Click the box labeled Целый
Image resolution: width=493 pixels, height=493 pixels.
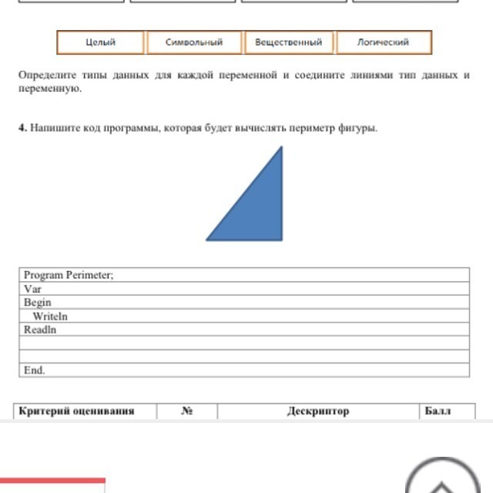[101, 42]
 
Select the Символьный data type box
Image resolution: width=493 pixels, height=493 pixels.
[194, 42]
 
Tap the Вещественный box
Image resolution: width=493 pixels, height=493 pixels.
[289, 42]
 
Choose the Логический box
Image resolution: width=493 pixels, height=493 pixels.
[383, 42]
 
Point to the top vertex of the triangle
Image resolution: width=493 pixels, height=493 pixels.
[282, 148]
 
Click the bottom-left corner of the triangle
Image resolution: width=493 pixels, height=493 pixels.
[207, 240]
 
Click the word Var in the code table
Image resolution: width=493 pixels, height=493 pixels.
[32, 289]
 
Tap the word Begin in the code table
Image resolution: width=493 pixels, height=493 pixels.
[37, 303]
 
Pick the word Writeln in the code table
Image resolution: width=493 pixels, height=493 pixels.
[50, 317]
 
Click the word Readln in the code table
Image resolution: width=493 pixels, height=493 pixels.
[40, 330]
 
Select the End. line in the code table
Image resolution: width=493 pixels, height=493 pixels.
[34, 371]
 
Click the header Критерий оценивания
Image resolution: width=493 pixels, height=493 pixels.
[76, 411]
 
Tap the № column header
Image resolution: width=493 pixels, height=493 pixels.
[186, 411]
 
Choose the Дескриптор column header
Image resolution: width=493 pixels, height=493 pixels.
[318, 411]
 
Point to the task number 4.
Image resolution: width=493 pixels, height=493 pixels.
[22, 128]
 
